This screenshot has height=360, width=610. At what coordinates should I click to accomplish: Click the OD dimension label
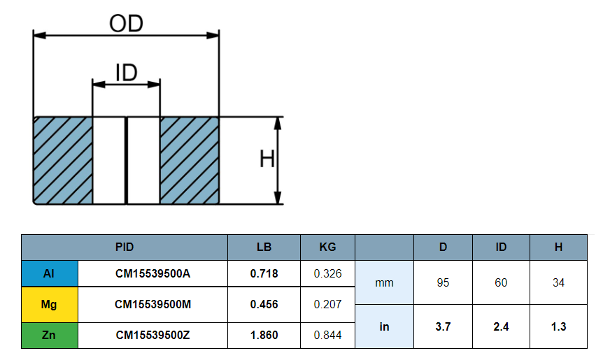[126, 23]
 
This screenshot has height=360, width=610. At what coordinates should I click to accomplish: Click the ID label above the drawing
[126, 72]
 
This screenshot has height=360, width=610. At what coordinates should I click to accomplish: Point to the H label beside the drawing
[267, 160]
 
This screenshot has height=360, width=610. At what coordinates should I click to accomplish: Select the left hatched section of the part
[63, 160]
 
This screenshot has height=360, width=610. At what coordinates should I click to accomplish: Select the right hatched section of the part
[190, 160]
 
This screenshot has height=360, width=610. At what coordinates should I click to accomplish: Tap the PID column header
[125, 247]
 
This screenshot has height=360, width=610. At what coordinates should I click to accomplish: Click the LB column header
[264, 247]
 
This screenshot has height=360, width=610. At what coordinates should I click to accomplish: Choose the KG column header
[327, 247]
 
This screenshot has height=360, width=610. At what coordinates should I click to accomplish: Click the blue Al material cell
[49, 273]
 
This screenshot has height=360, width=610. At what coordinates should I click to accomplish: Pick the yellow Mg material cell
[49, 304]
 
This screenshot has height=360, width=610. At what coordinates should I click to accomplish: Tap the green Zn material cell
[49, 335]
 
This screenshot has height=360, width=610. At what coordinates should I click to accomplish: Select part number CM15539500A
[152, 273]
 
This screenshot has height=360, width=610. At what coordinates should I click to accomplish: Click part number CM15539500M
[152, 304]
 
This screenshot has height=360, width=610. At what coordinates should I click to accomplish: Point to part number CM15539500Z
[152, 335]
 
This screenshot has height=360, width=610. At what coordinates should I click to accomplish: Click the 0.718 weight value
[264, 273]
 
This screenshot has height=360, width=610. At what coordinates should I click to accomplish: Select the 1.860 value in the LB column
[264, 335]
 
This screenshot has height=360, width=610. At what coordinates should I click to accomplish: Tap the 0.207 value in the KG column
[327, 304]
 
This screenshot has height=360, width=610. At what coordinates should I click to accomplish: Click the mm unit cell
[384, 282]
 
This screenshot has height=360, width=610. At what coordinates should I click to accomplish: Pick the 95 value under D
[443, 282]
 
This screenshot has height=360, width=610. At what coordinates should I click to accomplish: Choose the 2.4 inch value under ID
[501, 326]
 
